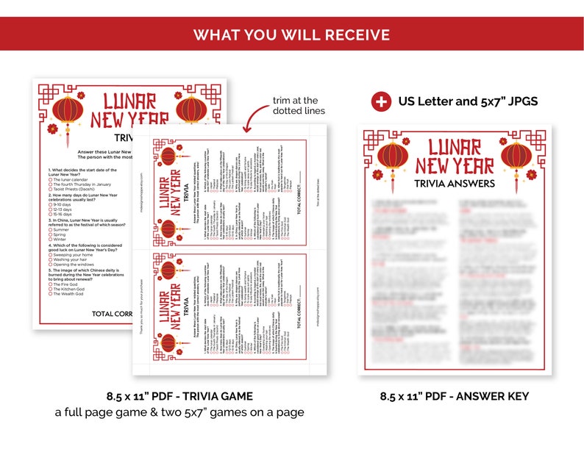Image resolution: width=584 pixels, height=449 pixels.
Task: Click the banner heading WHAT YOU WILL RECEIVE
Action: (x=292, y=35)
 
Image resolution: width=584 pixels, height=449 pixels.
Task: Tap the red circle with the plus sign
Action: (x=381, y=101)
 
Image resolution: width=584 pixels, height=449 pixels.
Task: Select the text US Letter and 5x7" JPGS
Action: (x=469, y=101)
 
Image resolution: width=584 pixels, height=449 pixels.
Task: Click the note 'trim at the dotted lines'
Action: (x=296, y=105)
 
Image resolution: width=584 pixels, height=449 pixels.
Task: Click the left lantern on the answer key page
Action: (x=391, y=159)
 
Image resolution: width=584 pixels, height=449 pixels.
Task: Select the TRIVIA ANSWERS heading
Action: (x=454, y=183)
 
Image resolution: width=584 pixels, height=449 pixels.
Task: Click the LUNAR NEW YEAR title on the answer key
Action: (x=454, y=156)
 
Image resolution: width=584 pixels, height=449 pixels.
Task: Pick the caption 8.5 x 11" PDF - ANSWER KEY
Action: (x=454, y=396)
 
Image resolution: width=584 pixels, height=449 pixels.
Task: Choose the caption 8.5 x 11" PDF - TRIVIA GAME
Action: (x=179, y=396)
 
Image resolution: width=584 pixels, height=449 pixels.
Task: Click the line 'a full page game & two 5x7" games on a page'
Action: (x=179, y=412)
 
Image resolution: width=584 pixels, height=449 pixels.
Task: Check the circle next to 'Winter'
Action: (x=50, y=239)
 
